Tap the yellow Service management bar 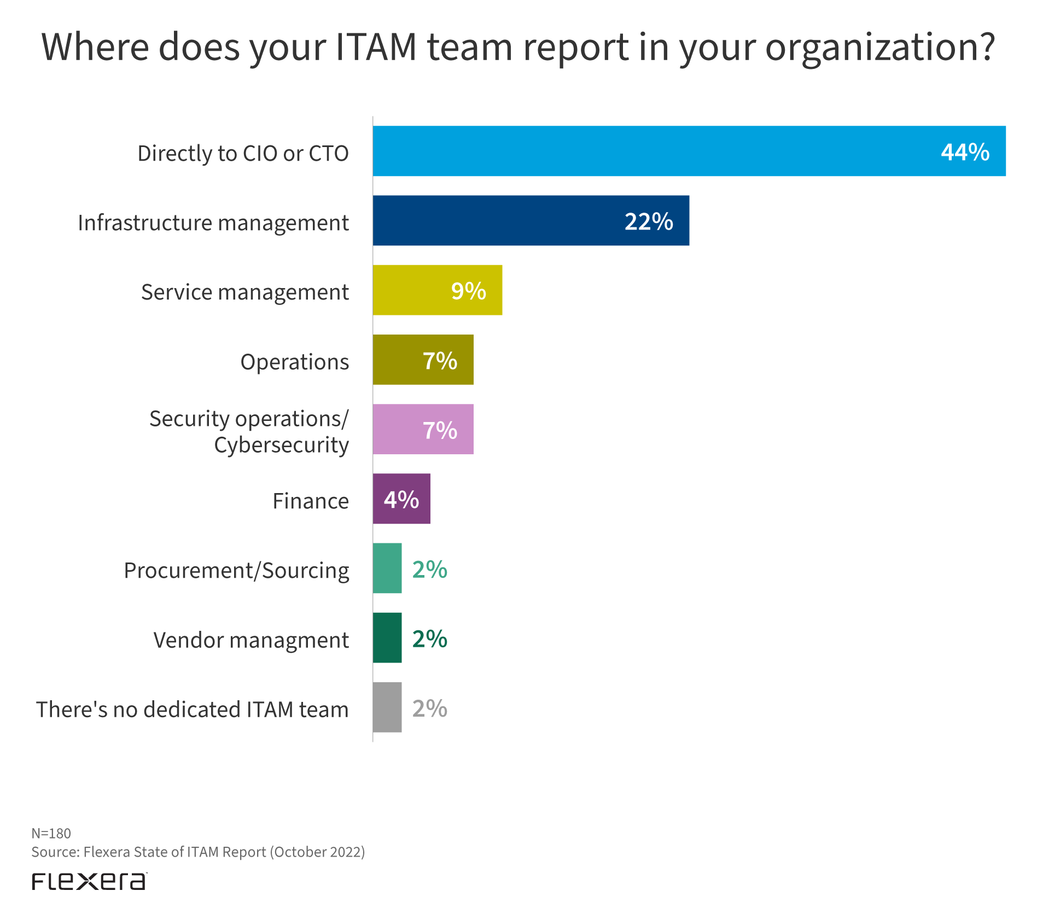click(x=416, y=290)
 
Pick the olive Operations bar click(x=399, y=360)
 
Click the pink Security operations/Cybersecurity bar click(x=399, y=429)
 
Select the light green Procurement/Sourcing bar click(x=387, y=568)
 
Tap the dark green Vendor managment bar click(x=387, y=637)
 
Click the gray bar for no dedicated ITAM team click(x=387, y=707)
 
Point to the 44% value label click(x=965, y=152)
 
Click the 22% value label click(x=649, y=221)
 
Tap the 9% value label click(x=468, y=291)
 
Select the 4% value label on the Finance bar click(x=401, y=500)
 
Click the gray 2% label click(x=430, y=708)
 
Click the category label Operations click(x=294, y=362)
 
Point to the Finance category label click(x=310, y=501)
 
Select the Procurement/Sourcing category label click(x=236, y=571)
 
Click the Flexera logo click(x=89, y=881)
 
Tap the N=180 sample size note click(x=51, y=833)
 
